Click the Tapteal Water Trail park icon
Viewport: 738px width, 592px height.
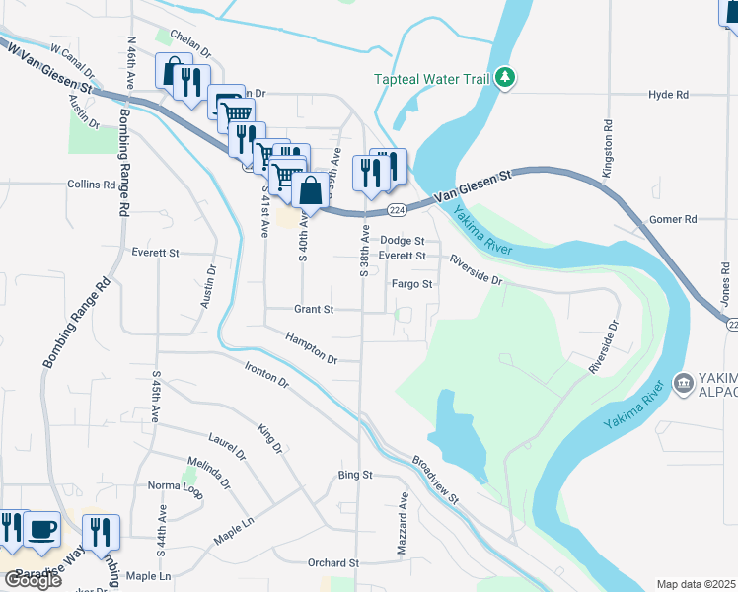[x=505, y=78]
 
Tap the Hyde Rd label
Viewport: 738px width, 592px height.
[x=668, y=95]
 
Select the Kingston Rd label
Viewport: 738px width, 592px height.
[x=608, y=148]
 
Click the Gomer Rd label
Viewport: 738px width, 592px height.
[x=674, y=219]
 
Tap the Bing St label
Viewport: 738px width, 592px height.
[x=355, y=475]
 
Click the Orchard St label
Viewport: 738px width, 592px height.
[x=332, y=563]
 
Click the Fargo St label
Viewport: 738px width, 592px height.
[x=412, y=284]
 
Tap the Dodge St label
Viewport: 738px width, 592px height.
[x=403, y=240]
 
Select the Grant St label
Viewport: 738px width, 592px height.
[x=314, y=309]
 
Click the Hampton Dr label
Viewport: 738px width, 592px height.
[x=312, y=345]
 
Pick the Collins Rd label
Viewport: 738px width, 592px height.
[x=92, y=185]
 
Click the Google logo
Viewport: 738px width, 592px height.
[x=33, y=580]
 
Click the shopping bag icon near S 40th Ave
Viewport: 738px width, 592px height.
[x=310, y=190]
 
